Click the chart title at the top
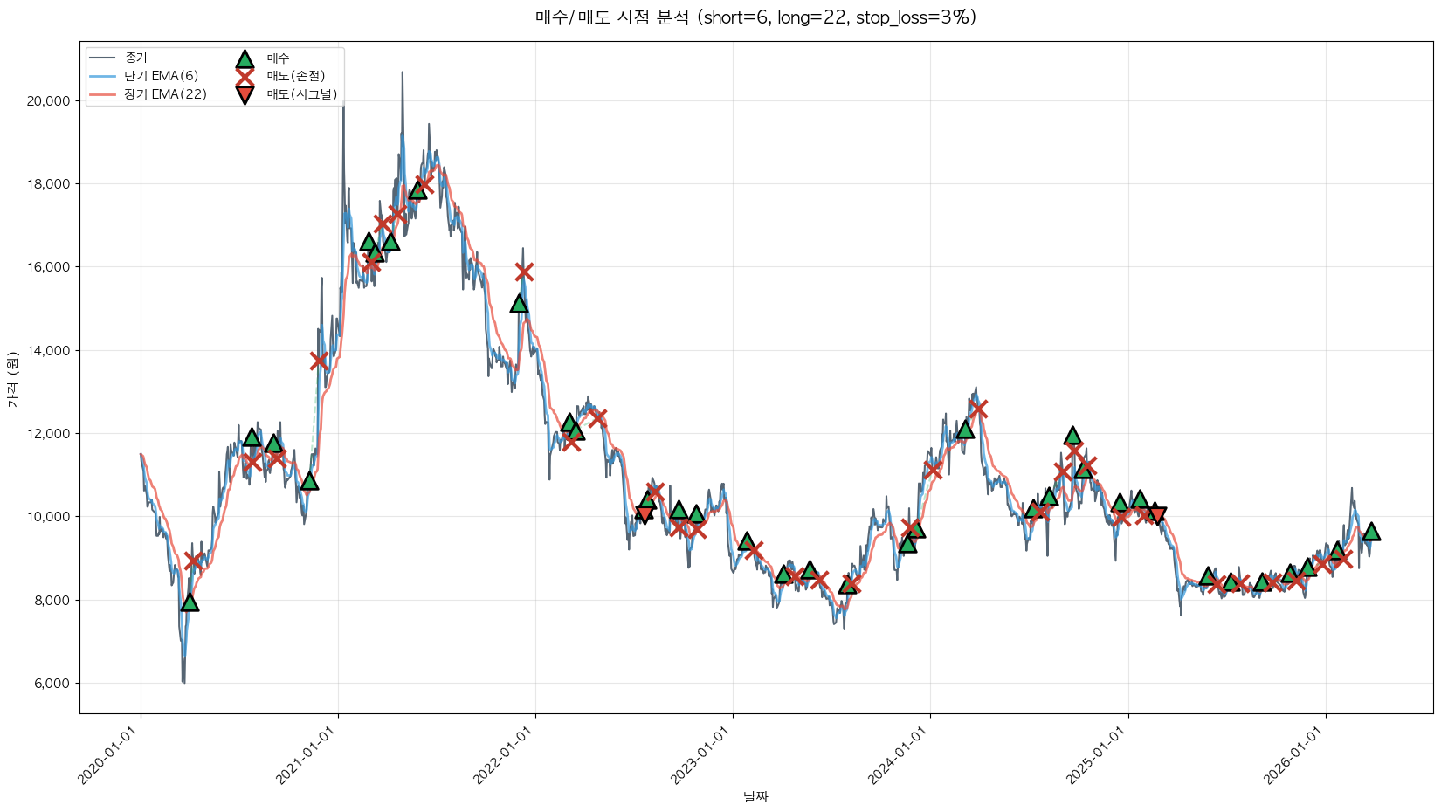pyautogui.click(x=755, y=17)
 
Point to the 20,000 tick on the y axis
pyautogui.click(x=49, y=101)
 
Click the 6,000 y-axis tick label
pyautogui.click(x=52, y=684)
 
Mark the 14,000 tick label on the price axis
pyautogui.click(x=49, y=351)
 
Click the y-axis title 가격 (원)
pyautogui.click(x=12, y=379)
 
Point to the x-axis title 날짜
pyautogui.click(x=755, y=796)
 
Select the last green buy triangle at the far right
pyautogui.click(x=1371, y=532)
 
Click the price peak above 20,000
pyautogui.click(x=402, y=73)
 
